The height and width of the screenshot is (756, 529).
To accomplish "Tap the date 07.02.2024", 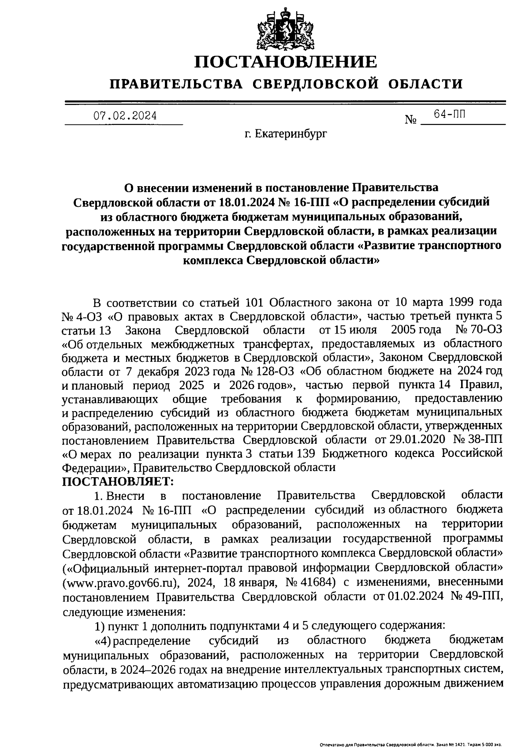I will (x=125, y=116).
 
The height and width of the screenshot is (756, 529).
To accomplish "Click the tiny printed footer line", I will (x=410, y=745).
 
